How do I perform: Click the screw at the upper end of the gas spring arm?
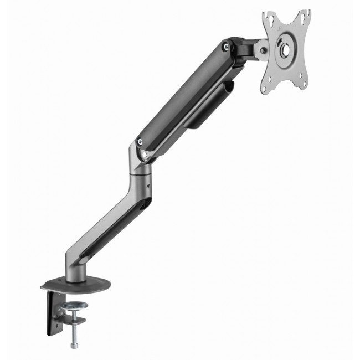coord(225,48)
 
